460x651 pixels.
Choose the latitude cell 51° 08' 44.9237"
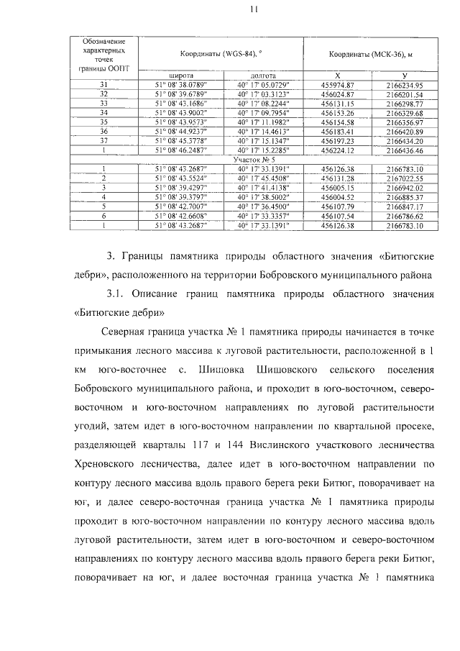pyautogui.click(x=180, y=132)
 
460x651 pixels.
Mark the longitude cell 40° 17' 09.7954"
pyautogui.click(x=262, y=113)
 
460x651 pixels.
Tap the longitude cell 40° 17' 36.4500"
pyautogui.click(x=262, y=206)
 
